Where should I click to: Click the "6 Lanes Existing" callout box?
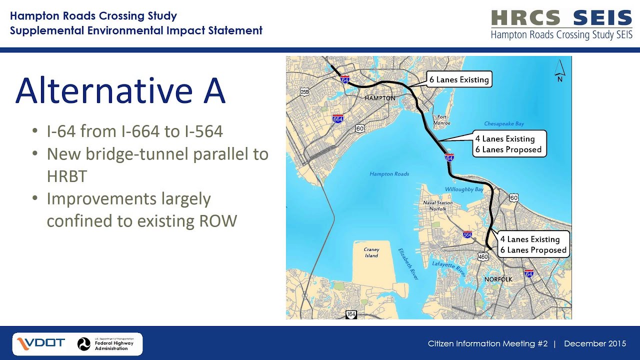(459, 79)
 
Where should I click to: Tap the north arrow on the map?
(559, 71)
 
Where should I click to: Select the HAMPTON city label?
(380, 98)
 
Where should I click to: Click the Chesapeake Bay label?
(504, 123)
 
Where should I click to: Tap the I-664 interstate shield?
(338, 118)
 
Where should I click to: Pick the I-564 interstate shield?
(467, 234)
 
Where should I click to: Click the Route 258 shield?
(304, 91)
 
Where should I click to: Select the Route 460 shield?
(483, 256)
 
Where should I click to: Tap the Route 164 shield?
(351, 314)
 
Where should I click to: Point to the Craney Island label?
(371, 252)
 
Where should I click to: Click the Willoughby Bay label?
(464, 189)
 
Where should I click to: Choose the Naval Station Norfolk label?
(438, 205)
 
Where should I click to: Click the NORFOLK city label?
(498, 279)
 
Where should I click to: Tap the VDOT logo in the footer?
(41, 343)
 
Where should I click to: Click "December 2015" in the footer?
(595, 343)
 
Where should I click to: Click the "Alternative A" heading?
(120, 90)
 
